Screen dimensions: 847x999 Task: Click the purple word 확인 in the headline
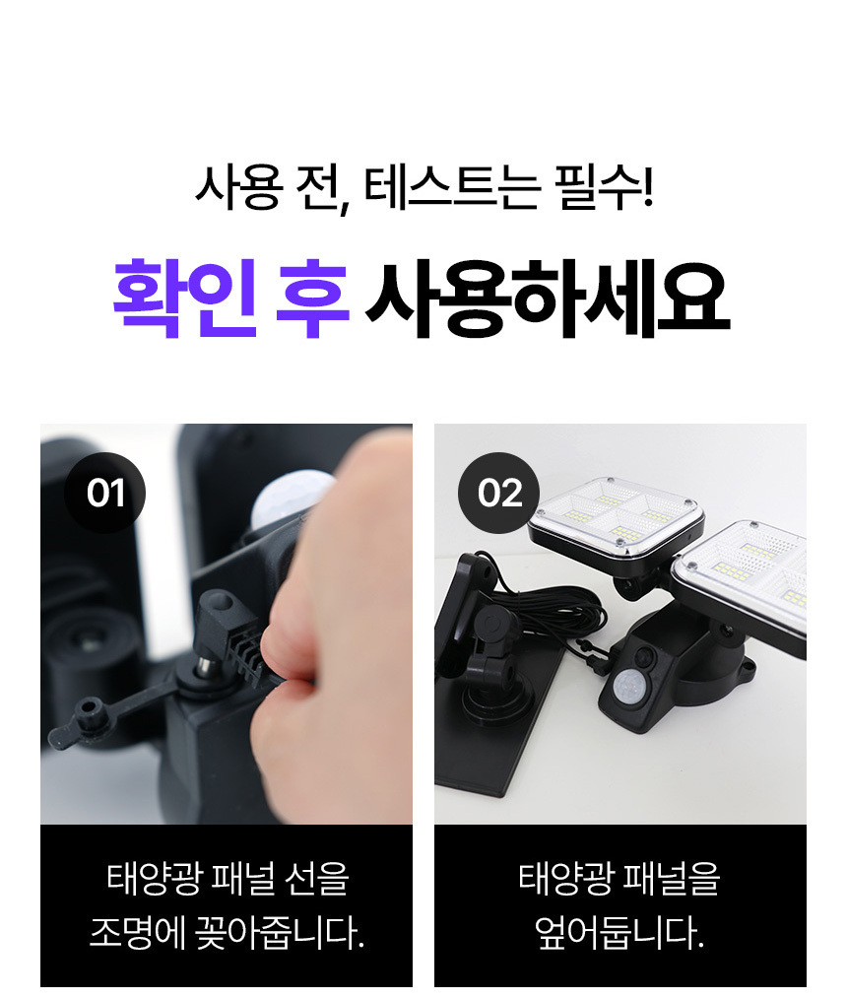coord(185,298)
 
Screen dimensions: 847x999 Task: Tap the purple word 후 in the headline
coord(312,298)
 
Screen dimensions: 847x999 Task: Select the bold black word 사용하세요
coord(548,299)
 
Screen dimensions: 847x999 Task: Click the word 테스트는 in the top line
coord(453,187)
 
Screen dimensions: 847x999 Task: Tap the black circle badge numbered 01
coord(105,493)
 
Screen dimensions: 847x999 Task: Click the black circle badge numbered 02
coord(498,493)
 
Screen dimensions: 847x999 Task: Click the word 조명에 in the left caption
coord(137,932)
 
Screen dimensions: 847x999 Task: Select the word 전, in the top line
coord(323,188)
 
